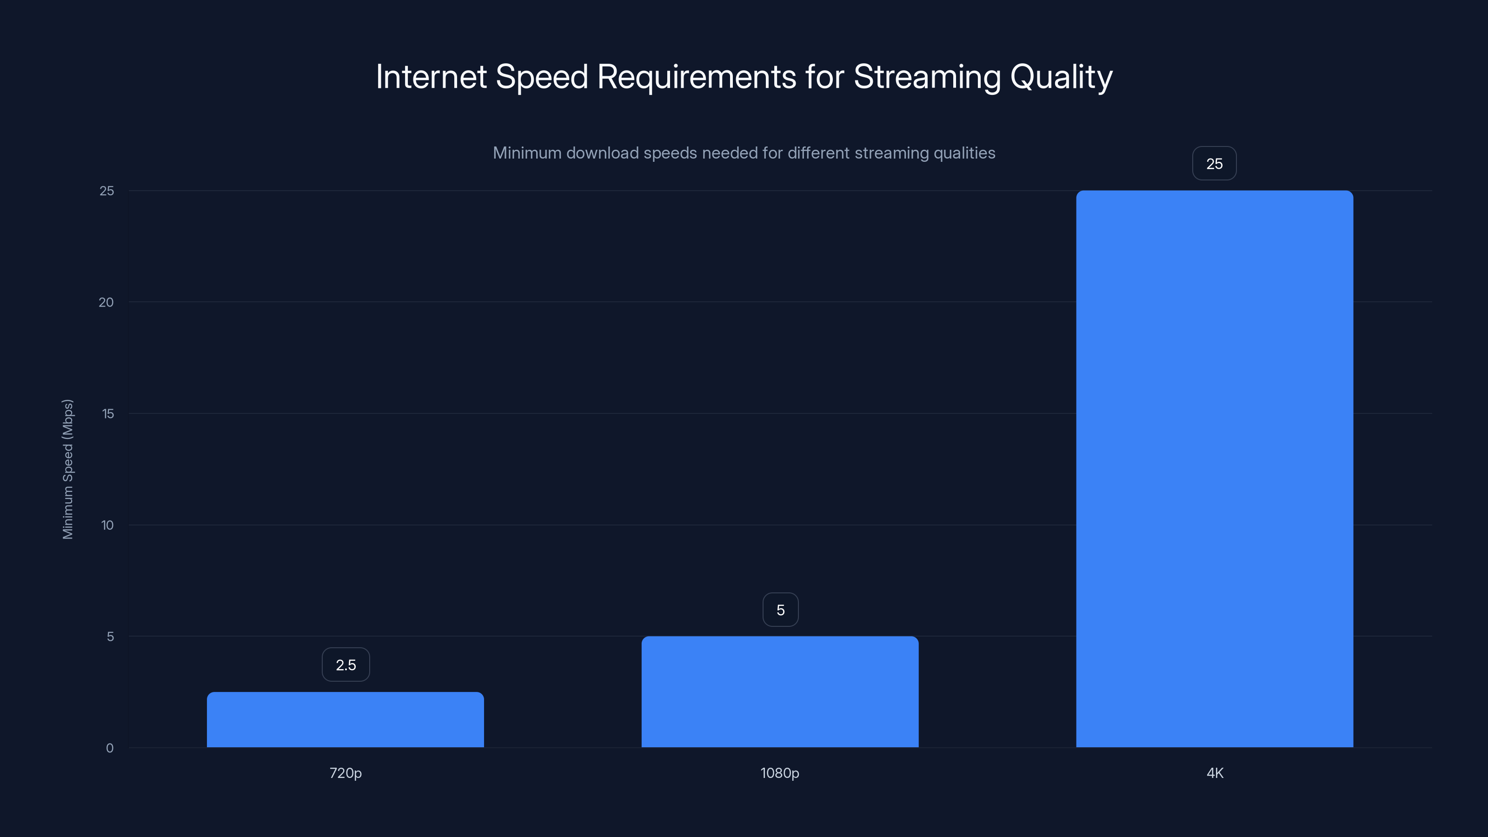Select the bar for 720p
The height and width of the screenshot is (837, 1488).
pyautogui.click(x=345, y=719)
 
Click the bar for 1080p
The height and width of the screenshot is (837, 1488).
pyautogui.click(x=780, y=691)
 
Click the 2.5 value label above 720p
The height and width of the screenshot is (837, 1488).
pyautogui.click(x=345, y=665)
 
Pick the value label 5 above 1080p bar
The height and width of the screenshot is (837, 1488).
pyautogui.click(x=780, y=610)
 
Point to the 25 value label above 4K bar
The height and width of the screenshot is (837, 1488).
pyautogui.click(x=1214, y=164)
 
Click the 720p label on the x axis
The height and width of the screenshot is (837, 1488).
pyautogui.click(x=345, y=773)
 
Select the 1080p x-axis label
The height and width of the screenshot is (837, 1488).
pyautogui.click(x=780, y=773)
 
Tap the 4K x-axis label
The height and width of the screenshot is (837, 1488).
pyautogui.click(x=1215, y=773)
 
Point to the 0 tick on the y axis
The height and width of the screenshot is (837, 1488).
pyautogui.click(x=110, y=748)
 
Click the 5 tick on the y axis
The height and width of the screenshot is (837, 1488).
pyautogui.click(x=110, y=637)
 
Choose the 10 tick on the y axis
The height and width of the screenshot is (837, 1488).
pyautogui.click(x=107, y=525)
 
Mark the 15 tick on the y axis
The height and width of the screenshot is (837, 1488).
pyautogui.click(x=108, y=413)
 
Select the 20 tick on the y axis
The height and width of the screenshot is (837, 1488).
pyautogui.click(x=106, y=302)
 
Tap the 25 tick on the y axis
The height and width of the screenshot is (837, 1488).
pyautogui.click(x=107, y=191)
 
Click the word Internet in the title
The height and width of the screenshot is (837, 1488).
pyautogui.click(x=431, y=77)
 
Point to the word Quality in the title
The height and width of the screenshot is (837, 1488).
pyautogui.click(x=1061, y=77)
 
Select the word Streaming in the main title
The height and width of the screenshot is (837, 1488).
pyautogui.click(x=927, y=77)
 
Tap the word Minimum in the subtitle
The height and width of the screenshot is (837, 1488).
pyautogui.click(x=527, y=153)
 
